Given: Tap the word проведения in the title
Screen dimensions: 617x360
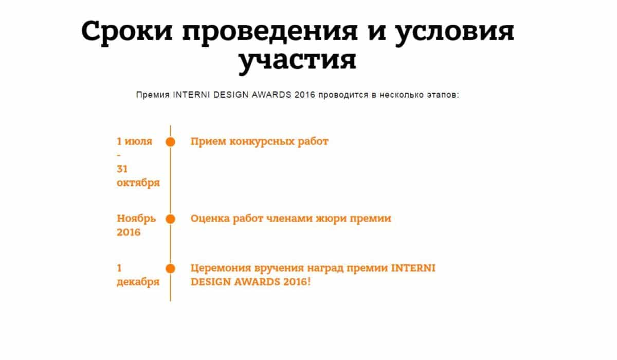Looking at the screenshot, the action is click(x=270, y=33).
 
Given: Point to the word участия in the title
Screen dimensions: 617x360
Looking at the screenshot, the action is click(x=297, y=62).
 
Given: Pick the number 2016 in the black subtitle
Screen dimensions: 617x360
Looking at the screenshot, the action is click(x=304, y=95).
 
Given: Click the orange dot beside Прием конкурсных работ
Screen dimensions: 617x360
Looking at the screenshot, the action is click(x=170, y=142).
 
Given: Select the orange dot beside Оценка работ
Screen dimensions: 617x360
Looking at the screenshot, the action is click(x=170, y=219).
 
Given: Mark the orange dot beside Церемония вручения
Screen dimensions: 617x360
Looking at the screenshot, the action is click(x=170, y=268).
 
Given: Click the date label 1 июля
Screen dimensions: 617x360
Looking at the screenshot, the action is click(x=134, y=141).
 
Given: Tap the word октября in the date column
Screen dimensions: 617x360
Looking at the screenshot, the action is click(x=138, y=183).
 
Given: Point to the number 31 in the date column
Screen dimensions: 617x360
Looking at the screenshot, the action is click(x=122, y=169).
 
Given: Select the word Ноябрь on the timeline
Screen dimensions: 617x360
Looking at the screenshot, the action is click(x=136, y=219).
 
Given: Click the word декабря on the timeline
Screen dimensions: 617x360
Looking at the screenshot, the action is click(x=138, y=282).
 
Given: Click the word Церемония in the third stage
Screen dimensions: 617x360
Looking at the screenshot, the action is click(x=221, y=268).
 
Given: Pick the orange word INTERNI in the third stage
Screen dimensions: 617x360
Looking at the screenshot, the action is click(x=413, y=268).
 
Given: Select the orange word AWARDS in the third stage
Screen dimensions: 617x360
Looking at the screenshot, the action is click(x=257, y=282).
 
